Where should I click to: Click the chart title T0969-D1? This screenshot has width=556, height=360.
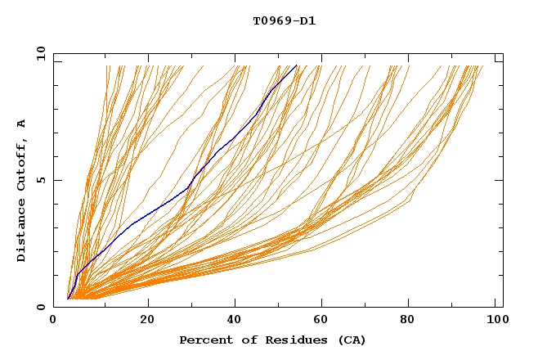coord(284,20)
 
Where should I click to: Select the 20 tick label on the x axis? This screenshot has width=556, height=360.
coord(148,319)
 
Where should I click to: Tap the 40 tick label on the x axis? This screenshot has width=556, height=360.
coord(235,319)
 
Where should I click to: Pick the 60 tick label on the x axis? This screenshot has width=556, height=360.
coord(321,319)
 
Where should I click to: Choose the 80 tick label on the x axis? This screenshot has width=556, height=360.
coord(408,319)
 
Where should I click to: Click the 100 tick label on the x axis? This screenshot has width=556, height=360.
coord(495,319)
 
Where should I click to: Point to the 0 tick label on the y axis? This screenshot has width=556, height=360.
coord(41,307)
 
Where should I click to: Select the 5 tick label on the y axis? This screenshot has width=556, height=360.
coord(41,180)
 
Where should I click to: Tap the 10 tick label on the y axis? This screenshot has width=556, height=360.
coord(39,53)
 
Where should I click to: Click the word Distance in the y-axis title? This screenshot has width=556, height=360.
coord(22,232)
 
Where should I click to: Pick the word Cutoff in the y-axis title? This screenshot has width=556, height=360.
coord(22,164)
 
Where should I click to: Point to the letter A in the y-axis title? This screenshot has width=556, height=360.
coord(22,123)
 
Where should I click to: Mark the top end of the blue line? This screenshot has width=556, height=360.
coord(297,65)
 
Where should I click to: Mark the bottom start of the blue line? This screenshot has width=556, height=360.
coord(68,299)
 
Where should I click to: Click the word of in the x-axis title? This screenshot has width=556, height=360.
coord(240,340)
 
